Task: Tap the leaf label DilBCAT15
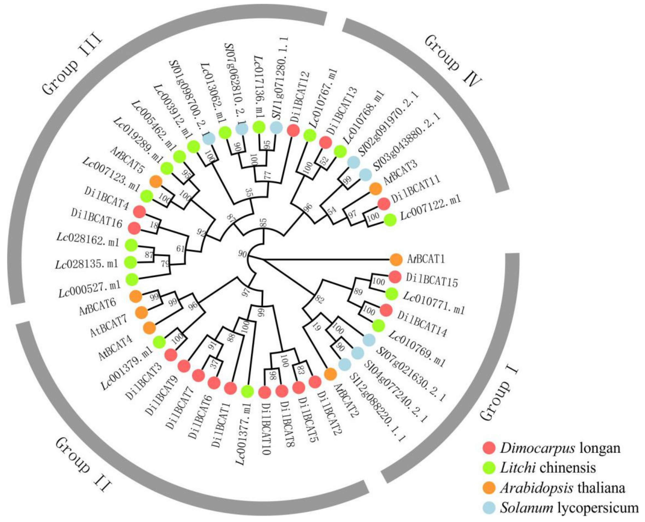click(x=432, y=280)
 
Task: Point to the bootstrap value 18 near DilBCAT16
click(x=153, y=225)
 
